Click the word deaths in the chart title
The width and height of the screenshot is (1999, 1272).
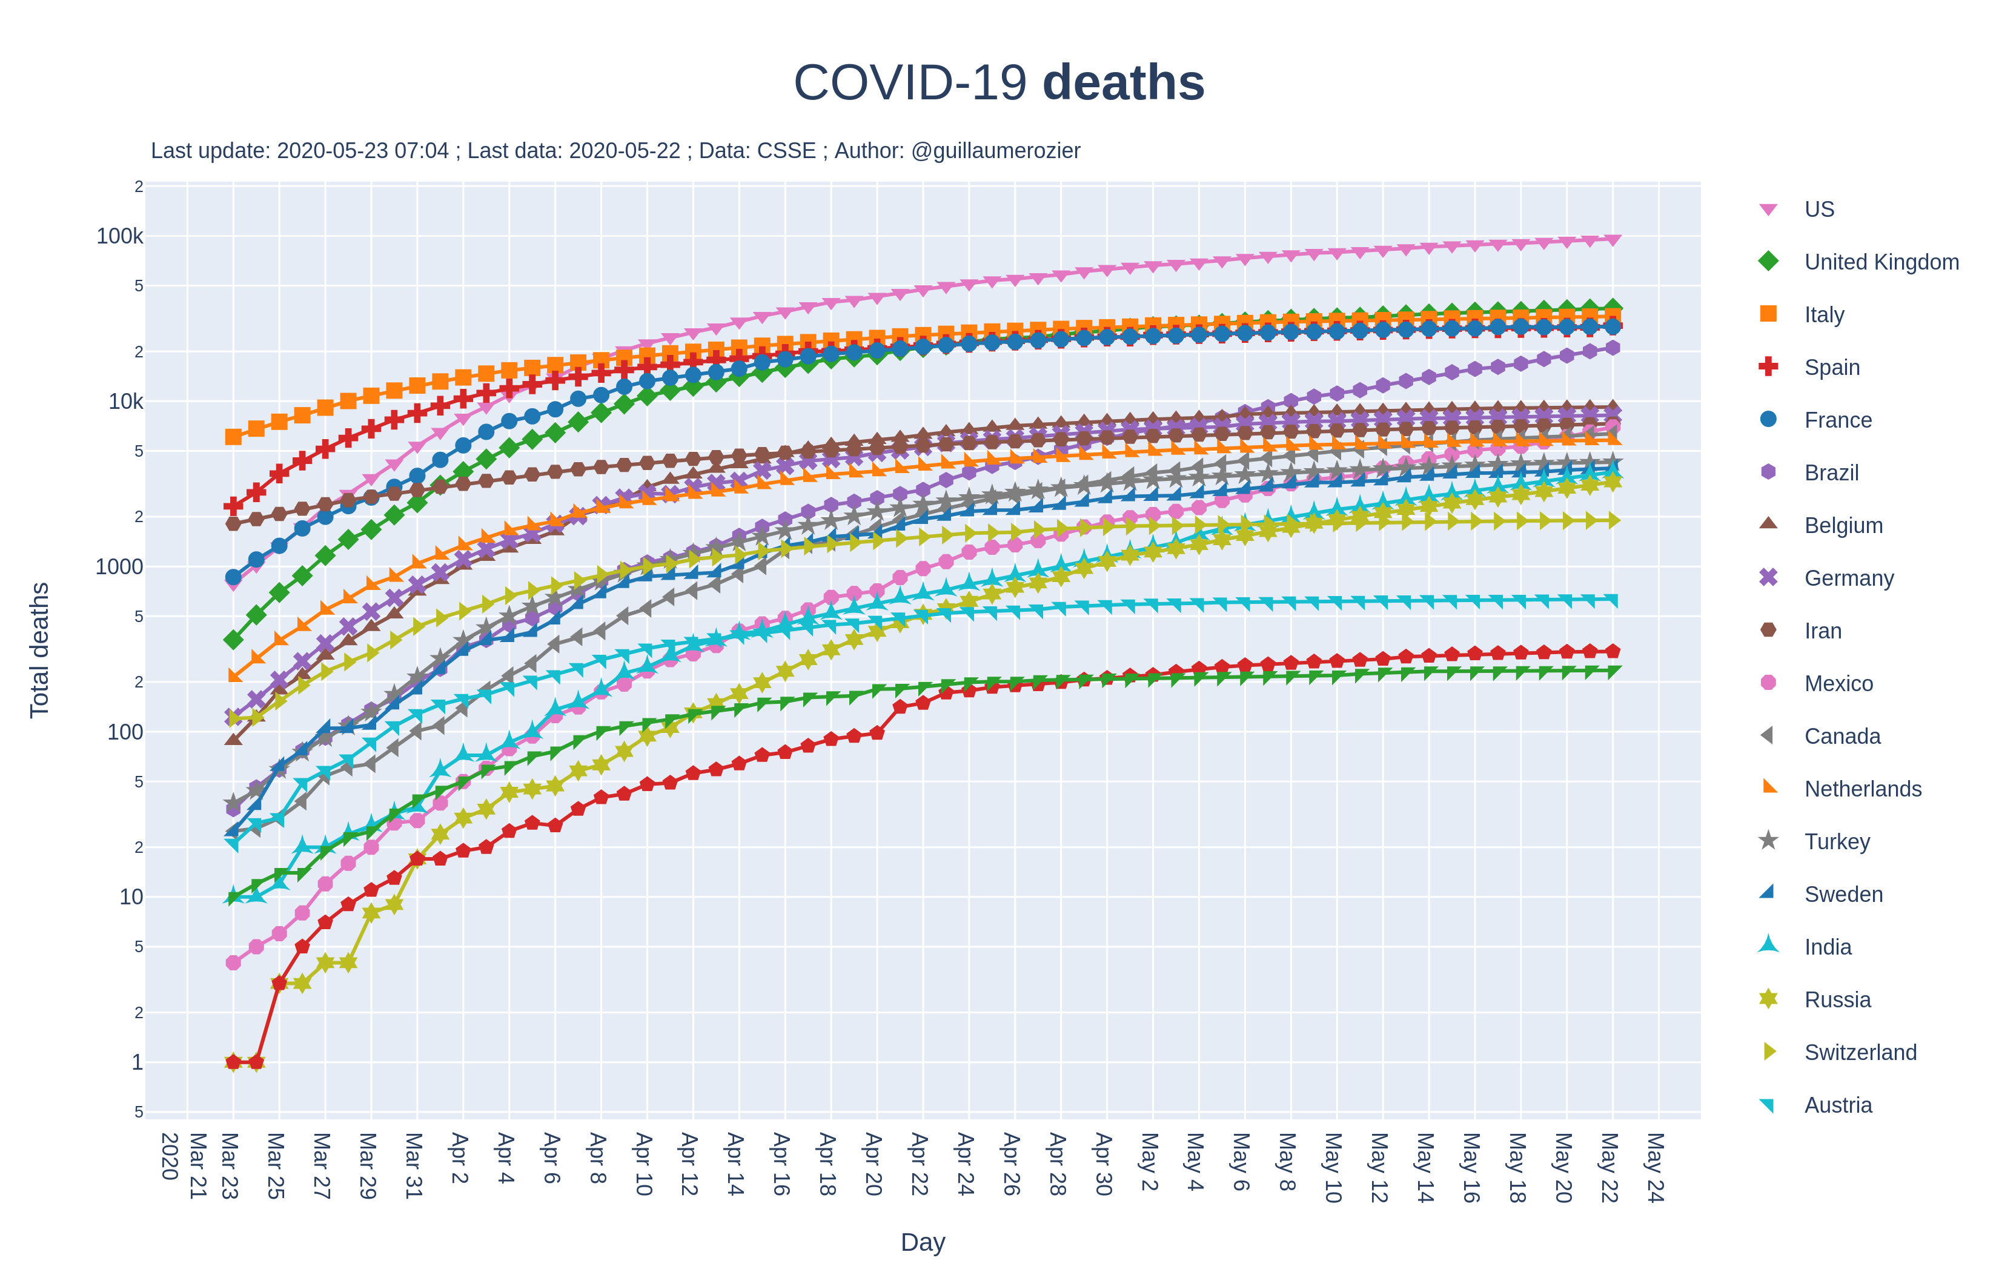[1122, 83]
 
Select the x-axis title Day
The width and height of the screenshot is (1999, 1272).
[923, 1242]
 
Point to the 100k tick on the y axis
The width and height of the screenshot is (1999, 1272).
[119, 237]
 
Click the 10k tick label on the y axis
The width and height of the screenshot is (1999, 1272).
[125, 402]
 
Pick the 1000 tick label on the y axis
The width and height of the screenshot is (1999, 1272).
[119, 567]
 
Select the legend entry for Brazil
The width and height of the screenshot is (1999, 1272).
[1831, 473]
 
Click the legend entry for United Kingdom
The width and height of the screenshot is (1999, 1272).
[1880, 262]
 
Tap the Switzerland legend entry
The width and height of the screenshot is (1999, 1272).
[1860, 1053]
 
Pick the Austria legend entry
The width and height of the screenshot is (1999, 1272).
[1837, 1106]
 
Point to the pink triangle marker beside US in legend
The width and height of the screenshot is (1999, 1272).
[1768, 209]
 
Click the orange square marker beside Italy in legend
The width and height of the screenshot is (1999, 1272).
[1768, 314]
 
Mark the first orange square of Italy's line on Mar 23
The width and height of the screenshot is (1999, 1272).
[233, 437]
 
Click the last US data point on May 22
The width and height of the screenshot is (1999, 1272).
[1612, 240]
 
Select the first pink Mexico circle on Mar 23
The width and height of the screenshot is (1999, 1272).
[233, 963]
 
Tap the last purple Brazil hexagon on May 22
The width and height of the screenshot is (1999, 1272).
[1612, 348]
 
